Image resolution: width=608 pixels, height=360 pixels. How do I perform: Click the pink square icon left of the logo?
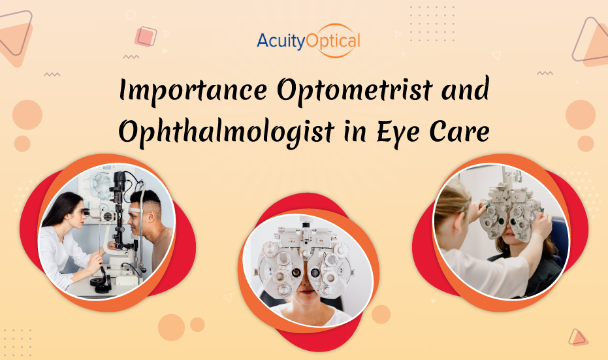[x=146, y=35]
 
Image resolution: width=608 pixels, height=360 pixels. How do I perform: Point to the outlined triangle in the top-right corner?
[x=591, y=39]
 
